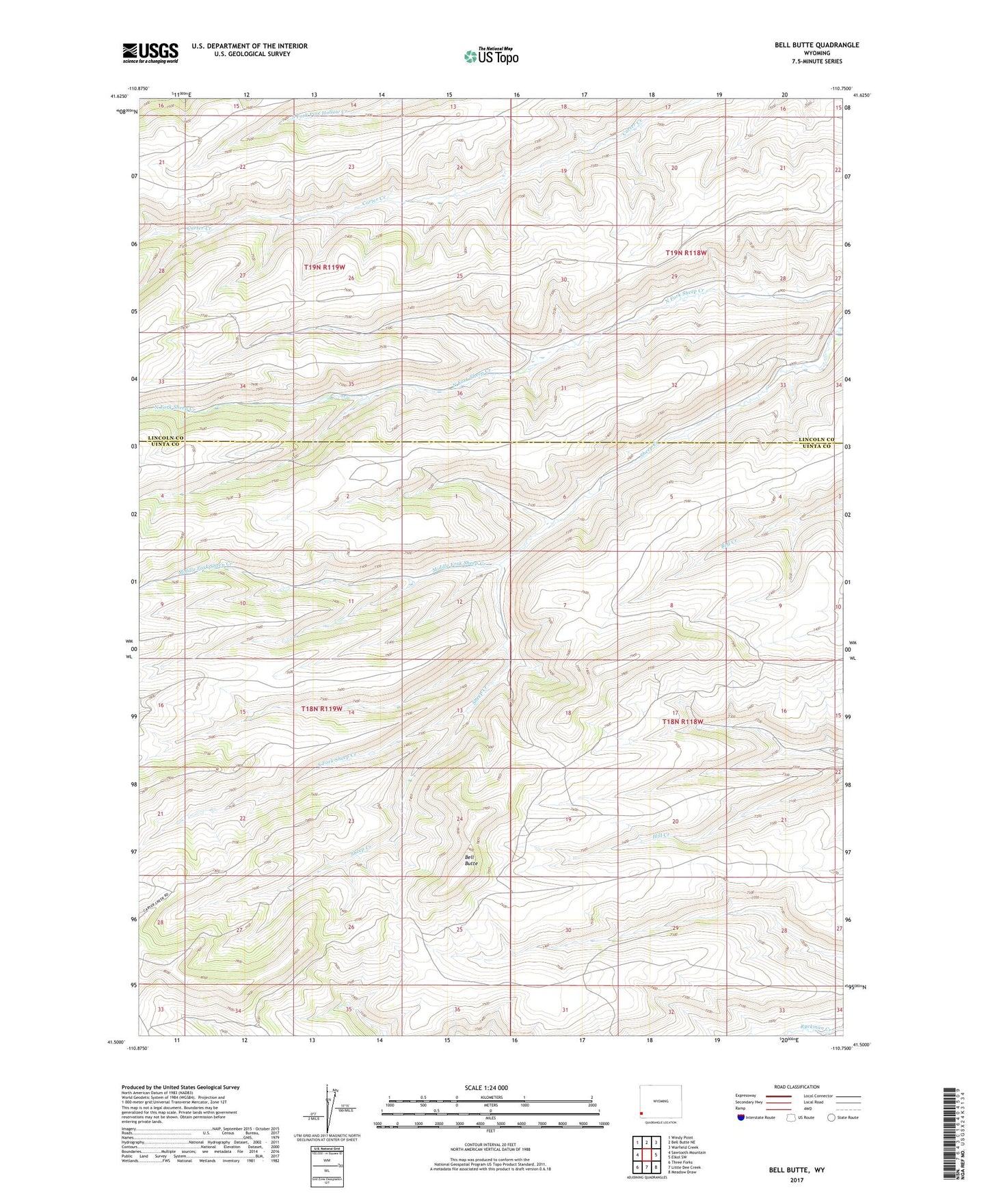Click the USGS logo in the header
[150, 52]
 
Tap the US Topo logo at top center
[490, 56]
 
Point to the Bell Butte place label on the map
[471, 860]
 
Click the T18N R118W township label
[682, 721]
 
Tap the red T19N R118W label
[686, 253]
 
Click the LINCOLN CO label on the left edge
[166, 438]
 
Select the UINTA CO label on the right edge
[816, 446]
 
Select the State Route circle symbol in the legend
[831, 1117]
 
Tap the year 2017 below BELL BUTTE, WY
[797, 1180]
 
